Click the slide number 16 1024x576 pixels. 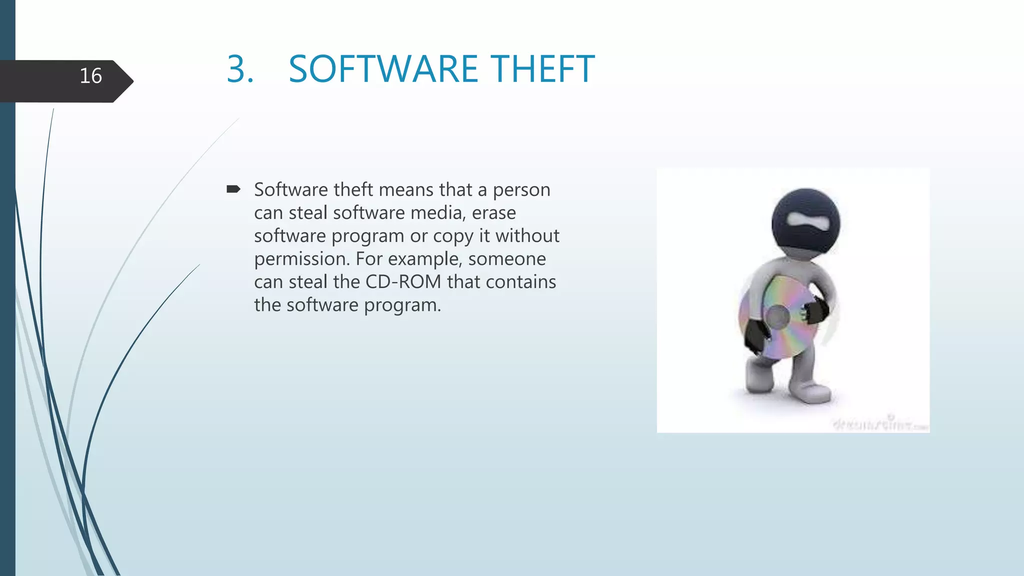point(90,76)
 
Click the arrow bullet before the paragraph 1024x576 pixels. point(233,189)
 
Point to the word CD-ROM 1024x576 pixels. point(403,282)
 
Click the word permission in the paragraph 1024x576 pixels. point(301,259)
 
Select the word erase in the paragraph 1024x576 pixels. point(493,213)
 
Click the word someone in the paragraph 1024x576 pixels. point(507,259)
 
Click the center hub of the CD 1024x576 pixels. point(777,317)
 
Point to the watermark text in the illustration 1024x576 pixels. point(879,424)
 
